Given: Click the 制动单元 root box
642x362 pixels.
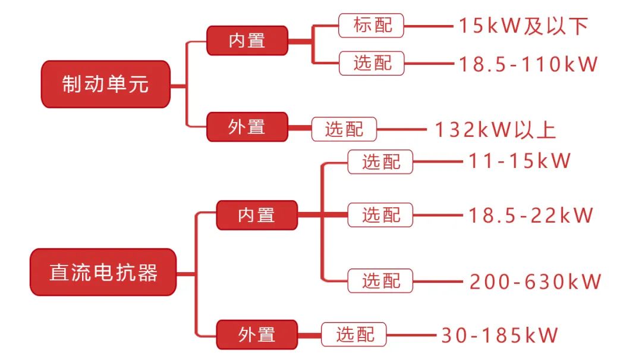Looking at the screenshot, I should click(105, 84).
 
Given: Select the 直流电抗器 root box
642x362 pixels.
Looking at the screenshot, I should click(103, 272).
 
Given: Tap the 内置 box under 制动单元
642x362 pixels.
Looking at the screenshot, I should click(247, 40).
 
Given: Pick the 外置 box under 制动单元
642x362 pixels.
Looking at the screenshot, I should click(247, 127).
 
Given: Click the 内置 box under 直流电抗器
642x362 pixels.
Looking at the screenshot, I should click(256, 215).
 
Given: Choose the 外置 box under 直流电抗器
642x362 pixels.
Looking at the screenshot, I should click(256, 335).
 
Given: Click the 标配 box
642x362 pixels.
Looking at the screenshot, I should click(371, 25).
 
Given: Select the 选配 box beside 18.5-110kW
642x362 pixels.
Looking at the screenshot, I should click(371, 63).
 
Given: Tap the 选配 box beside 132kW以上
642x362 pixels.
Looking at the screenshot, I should click(344, 129).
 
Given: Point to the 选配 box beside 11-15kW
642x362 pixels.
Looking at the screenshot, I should click(380, 161).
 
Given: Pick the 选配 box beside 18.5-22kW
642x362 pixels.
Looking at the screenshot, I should click(380, 214).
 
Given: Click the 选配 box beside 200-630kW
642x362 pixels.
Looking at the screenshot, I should click(380, 280).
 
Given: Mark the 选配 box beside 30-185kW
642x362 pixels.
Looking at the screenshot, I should click(354, 335).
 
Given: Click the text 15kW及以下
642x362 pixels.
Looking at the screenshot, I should click(523, 26).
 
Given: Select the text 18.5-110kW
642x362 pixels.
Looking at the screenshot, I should click(527, 64).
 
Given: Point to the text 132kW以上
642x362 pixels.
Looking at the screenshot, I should click(495, 130).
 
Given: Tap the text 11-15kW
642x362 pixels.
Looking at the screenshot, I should click(520, 161).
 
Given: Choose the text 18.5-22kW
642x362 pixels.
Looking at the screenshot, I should click(531, 215).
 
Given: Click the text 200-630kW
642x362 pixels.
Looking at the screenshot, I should click(536, 281).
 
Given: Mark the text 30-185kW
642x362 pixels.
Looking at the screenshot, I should click(499, 335).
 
